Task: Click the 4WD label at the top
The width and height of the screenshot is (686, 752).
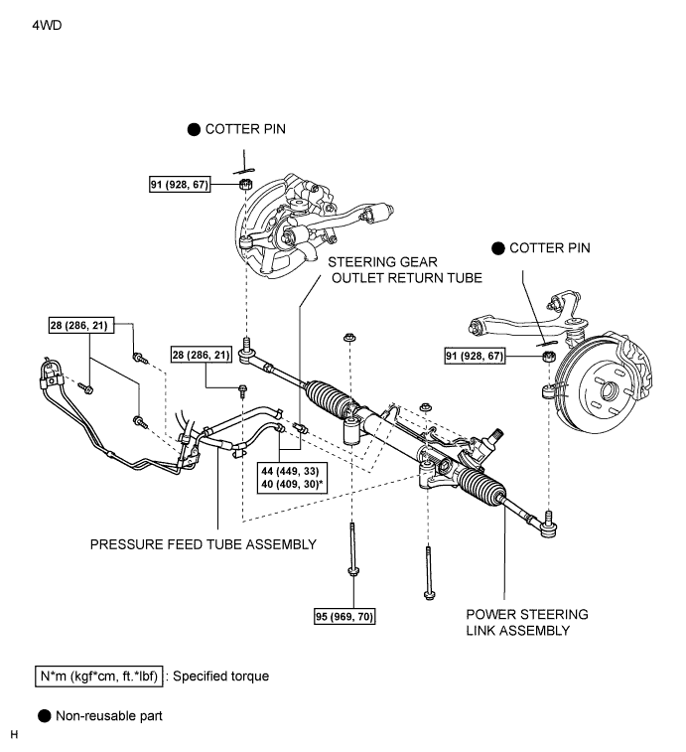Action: tap(47, 25)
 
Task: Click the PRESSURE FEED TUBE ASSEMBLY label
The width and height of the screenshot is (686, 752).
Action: tap(204, 544)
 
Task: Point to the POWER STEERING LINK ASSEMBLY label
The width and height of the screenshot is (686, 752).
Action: tap(527, 622)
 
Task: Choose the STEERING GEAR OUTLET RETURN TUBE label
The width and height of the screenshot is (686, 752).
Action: tap(405, 270)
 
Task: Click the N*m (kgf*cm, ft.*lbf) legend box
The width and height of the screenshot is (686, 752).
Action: tap(98, 677)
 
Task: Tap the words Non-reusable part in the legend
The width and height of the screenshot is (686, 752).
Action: tap(109, 716)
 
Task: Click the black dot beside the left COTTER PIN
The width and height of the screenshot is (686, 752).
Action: tap(194, 129)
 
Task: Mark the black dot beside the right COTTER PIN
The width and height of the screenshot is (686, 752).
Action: tap(498, 248)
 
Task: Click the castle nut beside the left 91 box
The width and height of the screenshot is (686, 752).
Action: tap(245, 184)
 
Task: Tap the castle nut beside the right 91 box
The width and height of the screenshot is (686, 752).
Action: tap(549, 357)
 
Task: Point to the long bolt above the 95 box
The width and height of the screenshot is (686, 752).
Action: tap(353, 549)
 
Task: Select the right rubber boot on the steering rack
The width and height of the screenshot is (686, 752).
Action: tap(481, 483)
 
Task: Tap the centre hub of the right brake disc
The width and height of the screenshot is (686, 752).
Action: tap(607, 390)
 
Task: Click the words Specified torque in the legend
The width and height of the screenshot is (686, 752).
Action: tap(221, 677)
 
